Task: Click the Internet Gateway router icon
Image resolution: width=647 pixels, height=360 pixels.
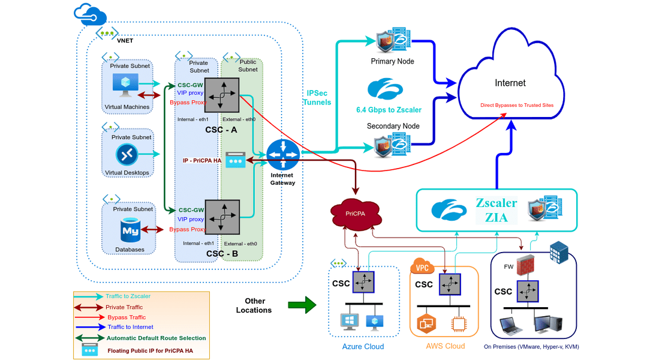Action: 282,154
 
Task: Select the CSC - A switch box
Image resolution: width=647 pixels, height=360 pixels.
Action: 222,95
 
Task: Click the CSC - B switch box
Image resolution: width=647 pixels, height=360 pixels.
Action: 222,217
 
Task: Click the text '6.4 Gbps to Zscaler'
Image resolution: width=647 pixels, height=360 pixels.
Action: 389,110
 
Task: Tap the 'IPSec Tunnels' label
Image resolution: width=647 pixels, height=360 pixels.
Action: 318,98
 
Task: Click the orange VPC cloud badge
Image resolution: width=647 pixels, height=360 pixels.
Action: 422,266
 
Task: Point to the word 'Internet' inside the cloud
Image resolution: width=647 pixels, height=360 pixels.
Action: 510,83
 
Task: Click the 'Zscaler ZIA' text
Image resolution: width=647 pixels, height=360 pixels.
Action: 496,210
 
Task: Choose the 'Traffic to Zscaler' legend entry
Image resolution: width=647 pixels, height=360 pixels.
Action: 128,296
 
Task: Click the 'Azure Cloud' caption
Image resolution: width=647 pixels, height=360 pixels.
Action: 363,347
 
